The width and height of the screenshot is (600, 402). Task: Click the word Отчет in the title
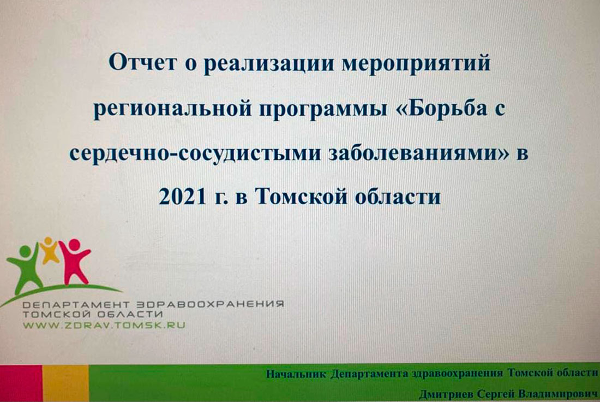coord(143,62)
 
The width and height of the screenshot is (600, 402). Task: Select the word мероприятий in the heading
coord(416,63)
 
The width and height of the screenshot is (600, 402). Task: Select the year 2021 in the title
coord(182,197)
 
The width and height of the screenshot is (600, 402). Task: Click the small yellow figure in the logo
coord(49,250)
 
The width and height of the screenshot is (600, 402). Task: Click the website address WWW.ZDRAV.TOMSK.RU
coord(104,326)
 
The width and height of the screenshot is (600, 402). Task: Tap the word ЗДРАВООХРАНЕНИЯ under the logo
coord(210,304)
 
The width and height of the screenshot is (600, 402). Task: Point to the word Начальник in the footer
coord(296,374)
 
